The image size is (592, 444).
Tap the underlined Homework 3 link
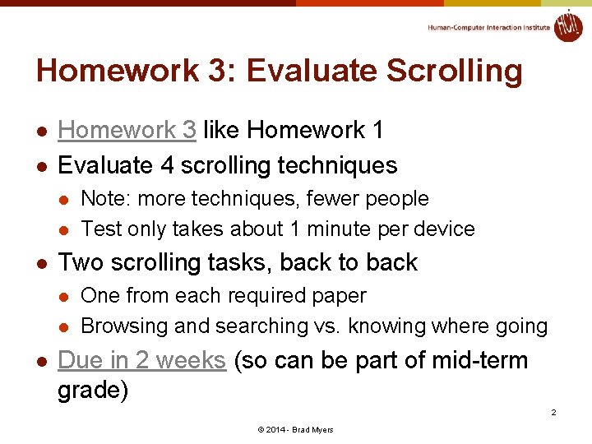(x=127, y=130)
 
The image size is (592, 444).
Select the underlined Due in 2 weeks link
(x=141, y=360)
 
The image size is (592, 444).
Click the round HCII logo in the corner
(x=567, y=25)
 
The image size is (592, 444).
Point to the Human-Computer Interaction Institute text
(x=488, y=27)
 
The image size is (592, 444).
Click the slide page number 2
(x=553, y=412)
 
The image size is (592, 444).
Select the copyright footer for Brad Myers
(x=295, y=430)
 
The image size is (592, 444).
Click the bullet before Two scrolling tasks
(x=40, y=263)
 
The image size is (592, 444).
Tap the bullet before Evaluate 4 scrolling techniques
(x=40, y=166)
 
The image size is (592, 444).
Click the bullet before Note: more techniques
(x=66, y=200)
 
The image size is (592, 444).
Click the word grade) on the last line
(x=93, y=390)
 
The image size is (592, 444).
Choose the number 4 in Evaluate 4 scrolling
(x=167, y=165)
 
